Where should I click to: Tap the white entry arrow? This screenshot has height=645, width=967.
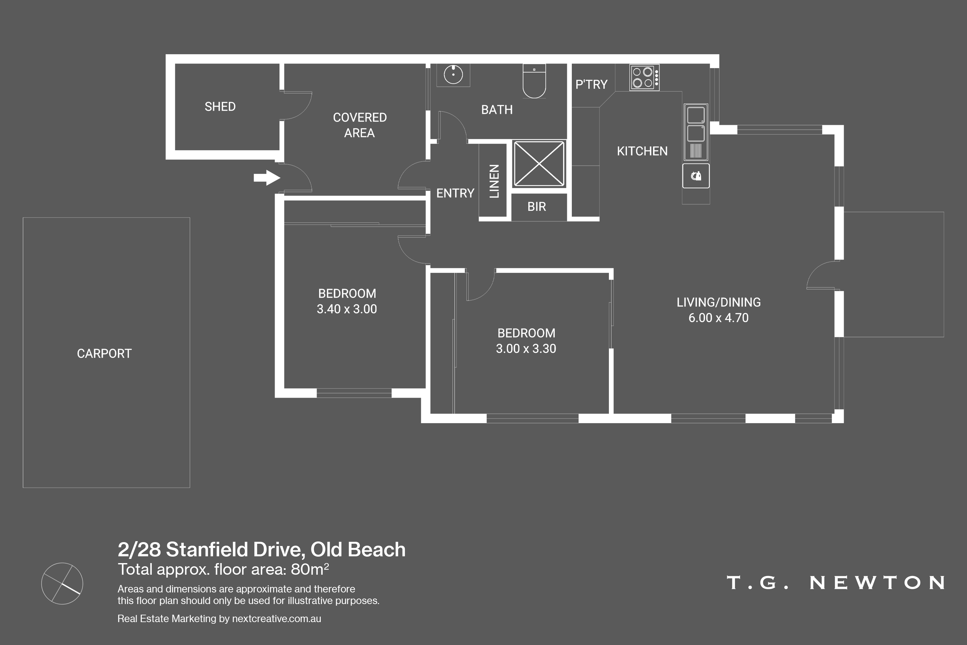(267, 178)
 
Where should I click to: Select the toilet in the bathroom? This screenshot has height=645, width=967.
(534, 81)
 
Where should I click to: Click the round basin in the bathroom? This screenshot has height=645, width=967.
(453, 75)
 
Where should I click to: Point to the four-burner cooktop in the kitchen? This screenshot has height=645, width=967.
(644, 77)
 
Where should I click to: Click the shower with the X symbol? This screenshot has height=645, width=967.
(539, 164)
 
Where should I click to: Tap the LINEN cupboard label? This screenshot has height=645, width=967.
(494, 181)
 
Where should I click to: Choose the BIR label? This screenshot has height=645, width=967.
(537, 206)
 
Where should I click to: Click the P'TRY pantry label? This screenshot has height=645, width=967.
(591, 84)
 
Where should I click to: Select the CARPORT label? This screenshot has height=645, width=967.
(104, 354)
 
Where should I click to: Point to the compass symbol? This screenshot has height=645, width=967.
(62, 583)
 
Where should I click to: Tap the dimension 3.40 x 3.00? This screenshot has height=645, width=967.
(347, 309)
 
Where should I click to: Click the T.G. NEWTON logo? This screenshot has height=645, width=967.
(835, 582)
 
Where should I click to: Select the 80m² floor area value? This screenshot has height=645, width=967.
(309, 569)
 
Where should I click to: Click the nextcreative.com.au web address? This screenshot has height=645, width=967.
(276, 619)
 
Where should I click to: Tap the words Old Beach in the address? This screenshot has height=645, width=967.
(358, 550)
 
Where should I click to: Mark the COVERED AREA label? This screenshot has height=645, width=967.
(360, 125)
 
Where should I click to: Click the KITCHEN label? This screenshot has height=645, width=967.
(642, 151)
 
